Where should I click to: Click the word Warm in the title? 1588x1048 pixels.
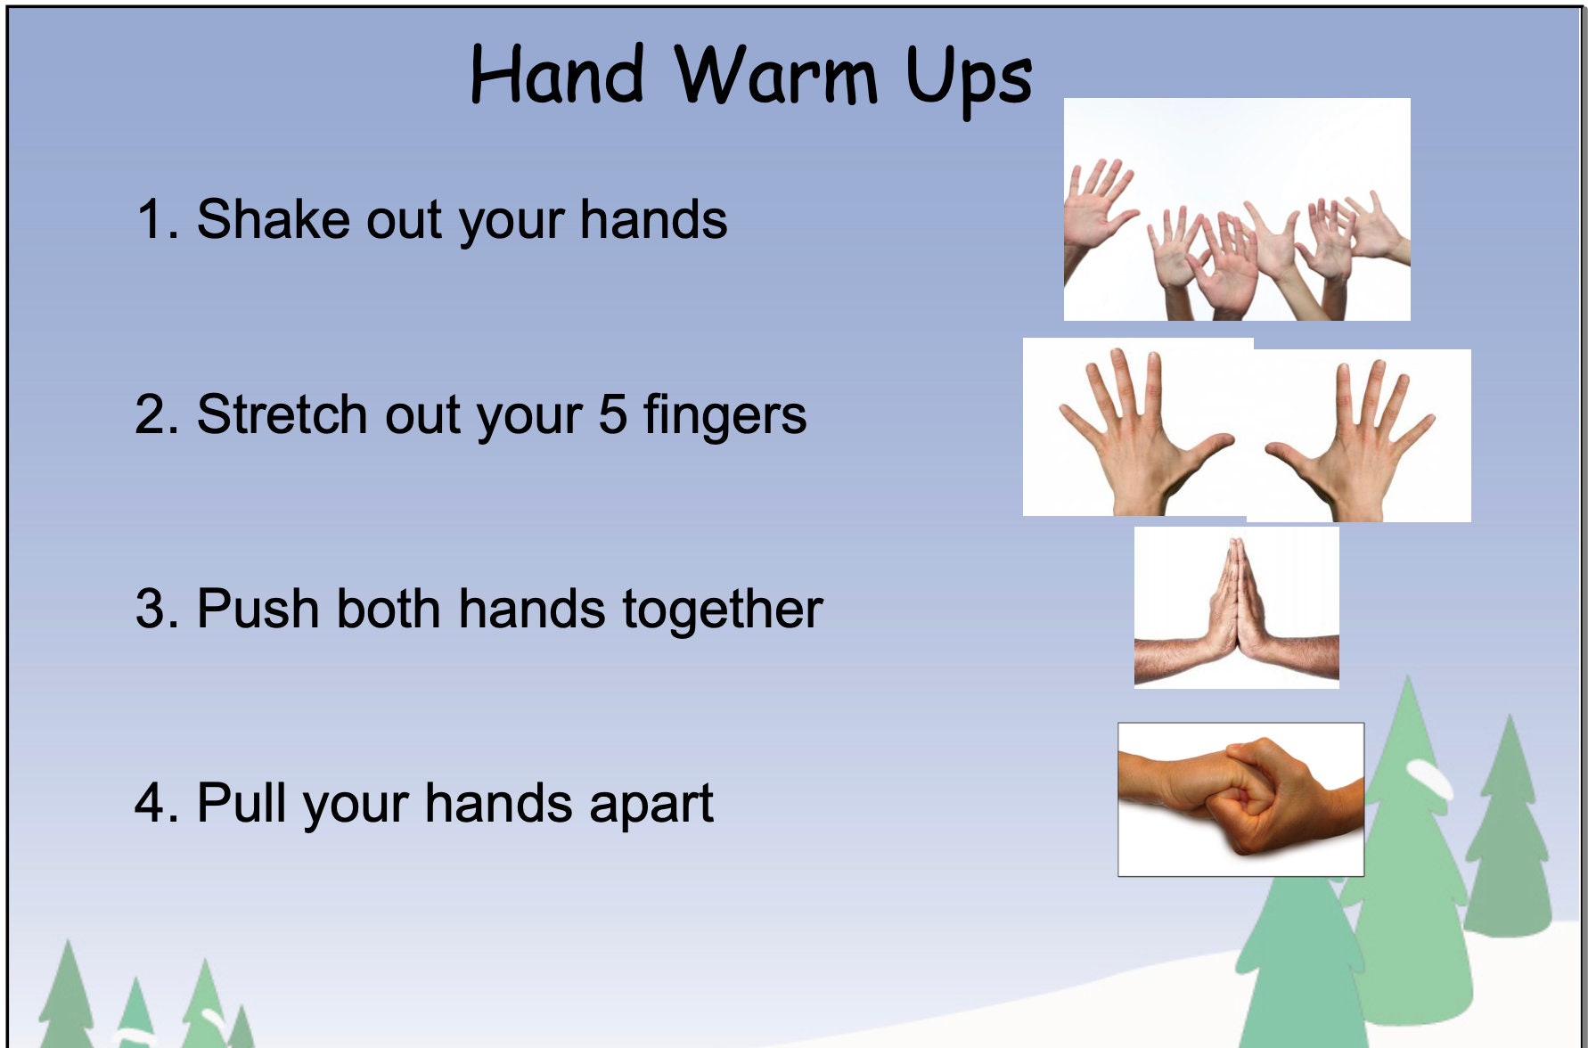coord(775,75)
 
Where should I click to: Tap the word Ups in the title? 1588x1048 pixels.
coord(969,78)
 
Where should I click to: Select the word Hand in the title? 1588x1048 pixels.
coord(557,75)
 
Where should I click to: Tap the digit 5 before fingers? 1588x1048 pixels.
coord(612,414)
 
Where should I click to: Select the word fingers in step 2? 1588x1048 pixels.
coord(724,417)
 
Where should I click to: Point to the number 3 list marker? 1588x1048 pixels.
coord(151,609)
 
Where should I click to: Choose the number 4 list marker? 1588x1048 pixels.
coord(151,803)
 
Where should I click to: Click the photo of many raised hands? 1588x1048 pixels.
coord(1237,209)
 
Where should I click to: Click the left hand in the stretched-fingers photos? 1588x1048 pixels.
coord(1137,428)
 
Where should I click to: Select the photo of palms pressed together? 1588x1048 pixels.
coord(1236,607)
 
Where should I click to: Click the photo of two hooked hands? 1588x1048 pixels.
coord(1240,799)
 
